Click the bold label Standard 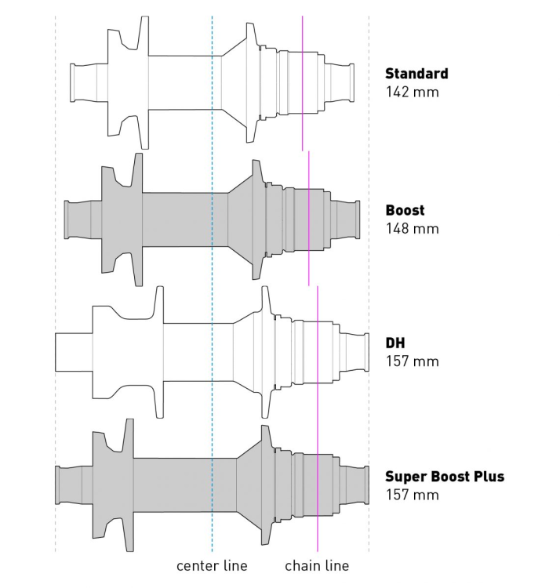[x=416, y=74]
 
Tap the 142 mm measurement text [x=412, y=92]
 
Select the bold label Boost [x=405, y=210]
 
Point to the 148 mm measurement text [x=412, y=229]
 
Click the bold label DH [x=395, y=343]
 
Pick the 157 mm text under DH [x=412, y=361]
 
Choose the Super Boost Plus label [x=444, y=476]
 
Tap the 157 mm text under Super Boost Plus [x=412, y=495]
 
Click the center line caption [x=212, y=565]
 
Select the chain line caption [x=317, y=565]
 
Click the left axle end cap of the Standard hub [x=78, y=82]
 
